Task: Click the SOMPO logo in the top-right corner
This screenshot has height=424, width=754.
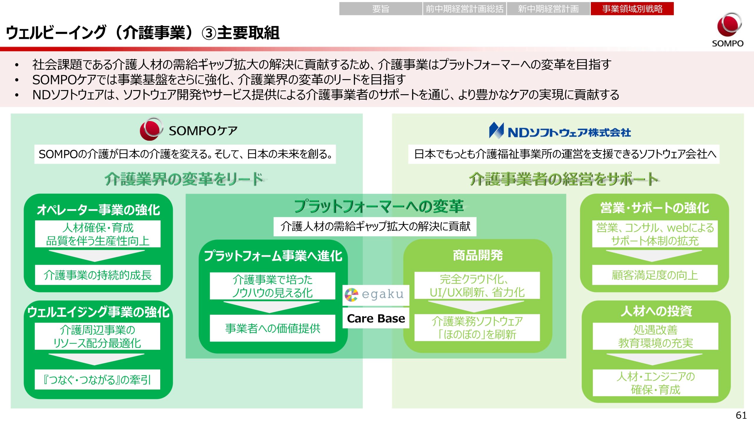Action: (727, 29)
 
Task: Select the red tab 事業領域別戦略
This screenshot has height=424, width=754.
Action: (632, 9)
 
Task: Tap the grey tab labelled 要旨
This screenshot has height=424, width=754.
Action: (381, 9)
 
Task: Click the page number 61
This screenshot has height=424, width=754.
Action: (741, 415)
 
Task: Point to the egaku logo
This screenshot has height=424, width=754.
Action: (376, 294)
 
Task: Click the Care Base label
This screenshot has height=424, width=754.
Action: (376, 318)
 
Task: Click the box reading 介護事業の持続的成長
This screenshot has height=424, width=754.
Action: (97, 275)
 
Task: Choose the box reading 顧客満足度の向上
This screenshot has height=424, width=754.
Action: (655, 275)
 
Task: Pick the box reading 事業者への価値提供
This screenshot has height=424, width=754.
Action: (272, 328)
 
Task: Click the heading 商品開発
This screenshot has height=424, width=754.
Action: (477, 255)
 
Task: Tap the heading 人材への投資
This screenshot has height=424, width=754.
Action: (656, 311)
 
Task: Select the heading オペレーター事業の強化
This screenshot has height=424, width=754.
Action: (98, 210)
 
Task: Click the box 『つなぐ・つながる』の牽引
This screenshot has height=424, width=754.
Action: (97, 380)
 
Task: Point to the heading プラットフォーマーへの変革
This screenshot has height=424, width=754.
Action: (379, 206)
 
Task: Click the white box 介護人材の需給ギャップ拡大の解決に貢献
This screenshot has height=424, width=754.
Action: (375, 226)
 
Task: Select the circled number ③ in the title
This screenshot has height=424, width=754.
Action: (209, 33)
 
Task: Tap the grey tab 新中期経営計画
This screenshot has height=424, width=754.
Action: (548, 9)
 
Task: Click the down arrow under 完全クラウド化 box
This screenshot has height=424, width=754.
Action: (476, 306)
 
